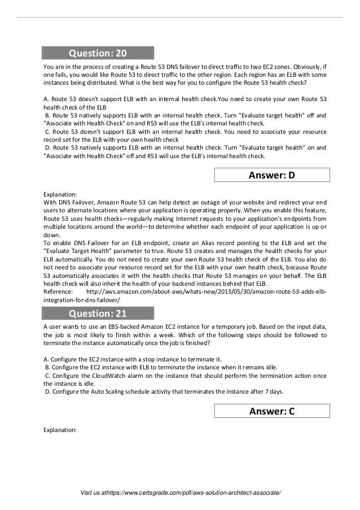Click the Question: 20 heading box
tap(98, 54)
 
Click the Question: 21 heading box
tap(98, 312)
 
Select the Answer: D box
tap(272, 175)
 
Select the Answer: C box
tap(272, 411)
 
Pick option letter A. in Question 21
tap(46, 359)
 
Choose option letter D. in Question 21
tap(48, 391)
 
